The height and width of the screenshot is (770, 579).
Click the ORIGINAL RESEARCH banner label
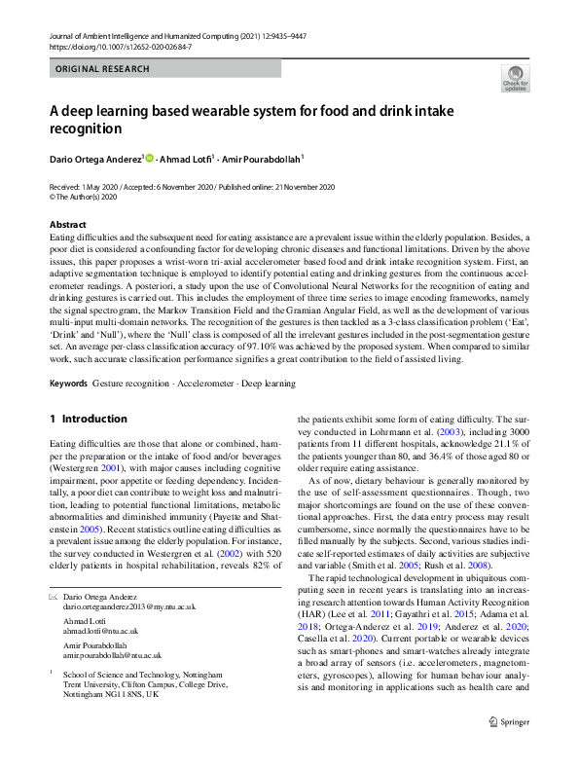click(102, 69)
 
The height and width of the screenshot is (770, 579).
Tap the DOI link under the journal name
click(121, 46)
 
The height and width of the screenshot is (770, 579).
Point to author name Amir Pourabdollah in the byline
click(262, 160)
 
